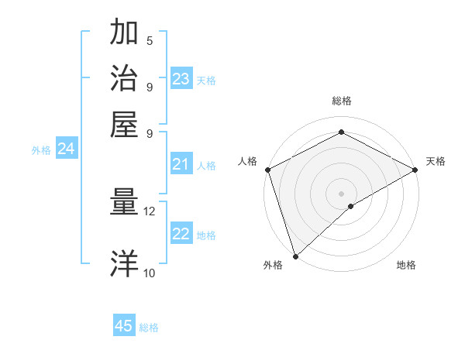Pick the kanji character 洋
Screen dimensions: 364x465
pyautogui.click(x=124, y=263)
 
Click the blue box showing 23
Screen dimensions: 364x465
pyautogui.click(x=181, y=79)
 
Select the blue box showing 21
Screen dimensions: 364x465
pyautogui.click(x=181, y=164)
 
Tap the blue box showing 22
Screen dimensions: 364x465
pyautogui.click(x=181, y=235)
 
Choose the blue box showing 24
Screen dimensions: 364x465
pyautogui.click(x=67, y=149)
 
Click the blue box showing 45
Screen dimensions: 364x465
pyautogui.click(x=124, y=326)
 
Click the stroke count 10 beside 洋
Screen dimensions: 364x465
pyautogui.click(x=150, y=272)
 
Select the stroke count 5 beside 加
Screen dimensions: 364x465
pyautogui.click(x=150, y=40)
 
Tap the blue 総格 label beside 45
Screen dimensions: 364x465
pyautogui.click(x=149, y=328)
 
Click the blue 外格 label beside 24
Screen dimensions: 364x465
pyautogui.click(x=41, y=150)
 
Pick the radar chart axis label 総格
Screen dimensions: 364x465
pyautogui.click(x=342, y=101)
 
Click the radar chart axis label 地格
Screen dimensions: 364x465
pyautogui.click(x=406, y=265)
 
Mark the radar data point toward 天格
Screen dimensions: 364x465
pyautogui.click(x=415, y=170)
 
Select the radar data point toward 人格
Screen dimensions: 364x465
pyautogui.click(x=267, y=170)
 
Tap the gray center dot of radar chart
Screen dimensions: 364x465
pyautogui.click(x=342, y=193)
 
